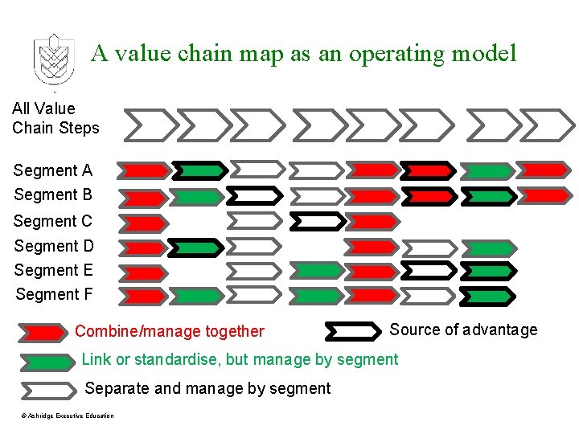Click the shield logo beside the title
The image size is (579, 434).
click(x=53, y=59)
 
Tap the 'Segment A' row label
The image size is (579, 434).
click(x=53, y=170)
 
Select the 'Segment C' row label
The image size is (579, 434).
click(x=53, y=221)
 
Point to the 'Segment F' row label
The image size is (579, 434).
click(x=54, y=295)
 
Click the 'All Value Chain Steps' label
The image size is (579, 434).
click(x=55, y=118)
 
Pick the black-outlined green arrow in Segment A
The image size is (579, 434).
click(x=199, y=170)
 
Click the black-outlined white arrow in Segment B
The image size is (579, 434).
click(x=255, y=195)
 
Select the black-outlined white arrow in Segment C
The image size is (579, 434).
click(x=317, y=220)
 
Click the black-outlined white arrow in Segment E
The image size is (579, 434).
click(x=427, y=271)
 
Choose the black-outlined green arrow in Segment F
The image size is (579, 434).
click(x=488, y=296)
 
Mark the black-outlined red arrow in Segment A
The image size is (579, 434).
click(x=427, y=170)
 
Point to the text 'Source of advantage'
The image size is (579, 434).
click(x=463, y=330)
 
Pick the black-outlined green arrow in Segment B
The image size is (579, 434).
click(x=488, y=195)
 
